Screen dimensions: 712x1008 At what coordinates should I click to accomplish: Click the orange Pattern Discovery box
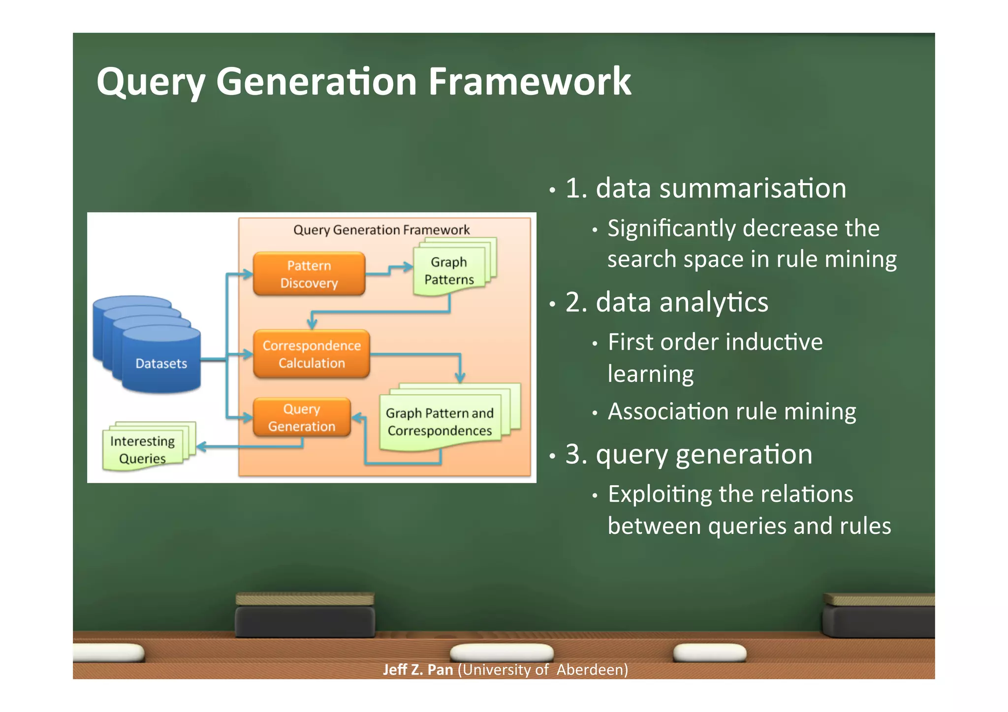click(x=309, y=274)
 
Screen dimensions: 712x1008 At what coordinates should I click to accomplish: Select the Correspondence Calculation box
click(x=312, y=354)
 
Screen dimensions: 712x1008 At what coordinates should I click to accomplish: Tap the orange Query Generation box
click(x=302, y=417)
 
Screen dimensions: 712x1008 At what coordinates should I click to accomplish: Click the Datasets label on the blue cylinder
click(x=161, y=364)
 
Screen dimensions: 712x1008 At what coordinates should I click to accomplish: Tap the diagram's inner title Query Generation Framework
click(x=381, y=230)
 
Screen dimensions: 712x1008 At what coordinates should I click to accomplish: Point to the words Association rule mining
click(x=732, y=411)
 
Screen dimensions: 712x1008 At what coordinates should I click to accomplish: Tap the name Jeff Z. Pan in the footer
click(x=418, y=670)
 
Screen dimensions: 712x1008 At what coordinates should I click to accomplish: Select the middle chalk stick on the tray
click(x=502, y=652)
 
